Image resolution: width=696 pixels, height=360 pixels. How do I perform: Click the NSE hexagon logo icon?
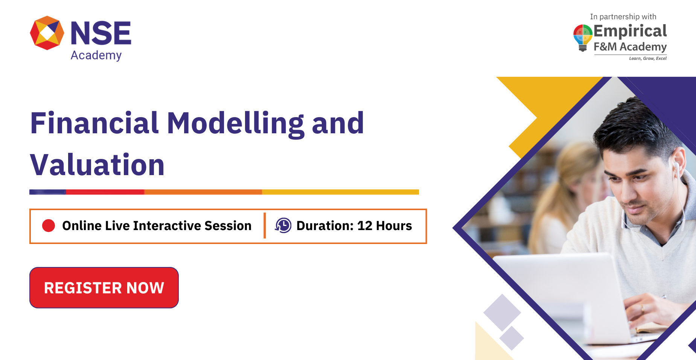pos(47,33)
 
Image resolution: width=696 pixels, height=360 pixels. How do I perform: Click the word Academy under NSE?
pos(96,55)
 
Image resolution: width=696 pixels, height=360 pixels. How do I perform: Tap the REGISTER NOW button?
pos(104,288)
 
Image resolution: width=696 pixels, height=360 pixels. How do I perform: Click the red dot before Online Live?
pos(49,226)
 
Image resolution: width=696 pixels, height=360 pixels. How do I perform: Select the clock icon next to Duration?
pos(283,226)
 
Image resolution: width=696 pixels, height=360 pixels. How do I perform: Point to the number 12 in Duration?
pos(364,226)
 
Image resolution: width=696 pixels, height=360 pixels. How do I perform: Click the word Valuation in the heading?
pos(97,165)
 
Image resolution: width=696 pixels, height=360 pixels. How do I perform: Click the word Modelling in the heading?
pos(235,124)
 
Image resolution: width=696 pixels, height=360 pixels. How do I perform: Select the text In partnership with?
pos(623,17)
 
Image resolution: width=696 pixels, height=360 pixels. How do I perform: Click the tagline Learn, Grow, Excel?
pos(647,58)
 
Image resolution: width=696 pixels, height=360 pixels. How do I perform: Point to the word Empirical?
pos(630,31)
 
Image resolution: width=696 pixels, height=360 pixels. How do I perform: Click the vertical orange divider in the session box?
pos(265,226)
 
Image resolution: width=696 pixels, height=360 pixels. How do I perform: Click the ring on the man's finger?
pos(643,308)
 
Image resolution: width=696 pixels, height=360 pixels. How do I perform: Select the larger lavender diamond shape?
pos(502,312)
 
